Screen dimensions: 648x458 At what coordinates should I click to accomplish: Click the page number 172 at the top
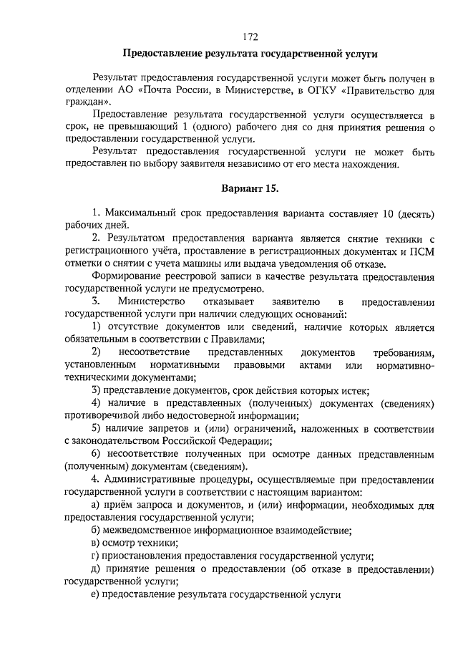point(250,37)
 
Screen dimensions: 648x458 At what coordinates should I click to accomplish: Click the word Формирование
point(128,276)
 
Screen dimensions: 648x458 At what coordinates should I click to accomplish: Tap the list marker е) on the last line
point(96,594)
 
